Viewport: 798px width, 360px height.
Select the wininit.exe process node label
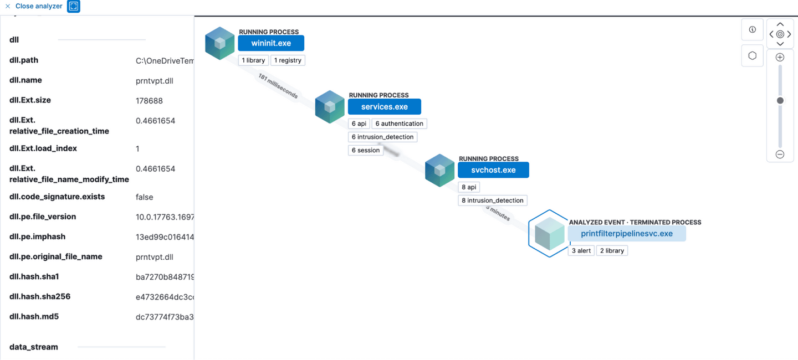(x=271, y=43)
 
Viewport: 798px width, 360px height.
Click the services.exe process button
(x=384, y=107)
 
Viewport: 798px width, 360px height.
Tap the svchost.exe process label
(x=493, y=170)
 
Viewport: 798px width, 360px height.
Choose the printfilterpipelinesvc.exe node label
(x=626, y=234)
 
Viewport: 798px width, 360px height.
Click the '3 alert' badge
(x=581, y=251)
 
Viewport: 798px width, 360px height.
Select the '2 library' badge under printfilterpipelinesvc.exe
(x=612, y=251)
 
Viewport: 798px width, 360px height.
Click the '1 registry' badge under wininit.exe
(x=288, y=60)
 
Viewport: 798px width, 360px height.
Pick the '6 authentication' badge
(x=399, y=124)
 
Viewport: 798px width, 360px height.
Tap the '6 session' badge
(x=366, y=150)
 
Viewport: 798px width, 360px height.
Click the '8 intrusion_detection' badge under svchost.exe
(x=492, y=200)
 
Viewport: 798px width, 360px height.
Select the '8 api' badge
(x=468, y=187)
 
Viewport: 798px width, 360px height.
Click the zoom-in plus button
(x=780, y=58)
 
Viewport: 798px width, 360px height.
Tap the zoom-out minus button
(x=780, y=155)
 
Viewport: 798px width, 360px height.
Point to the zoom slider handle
(x=780, y=101)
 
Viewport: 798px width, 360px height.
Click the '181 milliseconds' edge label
(x=278, y=86)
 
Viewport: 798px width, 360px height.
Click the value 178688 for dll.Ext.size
(x=149, y=101)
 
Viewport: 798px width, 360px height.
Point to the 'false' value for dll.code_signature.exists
(x=144, y=197)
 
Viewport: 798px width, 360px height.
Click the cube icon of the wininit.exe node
(x=220, y=43)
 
